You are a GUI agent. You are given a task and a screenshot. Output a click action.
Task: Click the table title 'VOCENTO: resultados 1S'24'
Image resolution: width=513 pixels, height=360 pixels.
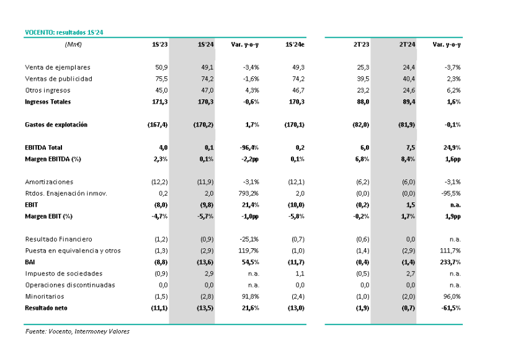[64, 32]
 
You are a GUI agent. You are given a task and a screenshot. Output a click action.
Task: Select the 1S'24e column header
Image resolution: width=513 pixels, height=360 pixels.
[295, 45]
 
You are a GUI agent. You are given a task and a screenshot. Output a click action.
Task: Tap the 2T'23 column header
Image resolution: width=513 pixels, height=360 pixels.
[361, 45]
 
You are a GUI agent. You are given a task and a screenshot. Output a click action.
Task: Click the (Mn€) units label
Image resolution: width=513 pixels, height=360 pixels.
[73, 45]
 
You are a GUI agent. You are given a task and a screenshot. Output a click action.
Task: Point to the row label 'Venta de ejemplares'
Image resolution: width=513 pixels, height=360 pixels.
[58, 68]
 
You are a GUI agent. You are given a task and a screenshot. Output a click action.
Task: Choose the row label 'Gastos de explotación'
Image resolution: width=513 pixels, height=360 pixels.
[56, 125]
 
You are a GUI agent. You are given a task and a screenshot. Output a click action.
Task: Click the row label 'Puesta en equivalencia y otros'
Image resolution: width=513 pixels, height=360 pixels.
[73, 251]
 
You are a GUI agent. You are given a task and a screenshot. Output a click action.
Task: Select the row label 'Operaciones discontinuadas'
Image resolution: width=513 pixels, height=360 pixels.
[70, 285]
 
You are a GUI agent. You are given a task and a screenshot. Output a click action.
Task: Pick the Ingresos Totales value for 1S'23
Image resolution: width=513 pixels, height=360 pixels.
[159, 102]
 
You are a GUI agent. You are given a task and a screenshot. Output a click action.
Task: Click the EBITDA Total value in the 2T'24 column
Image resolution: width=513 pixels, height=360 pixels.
[411, 148]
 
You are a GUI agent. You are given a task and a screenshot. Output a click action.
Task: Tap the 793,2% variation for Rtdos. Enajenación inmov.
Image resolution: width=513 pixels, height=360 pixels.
[249, 194]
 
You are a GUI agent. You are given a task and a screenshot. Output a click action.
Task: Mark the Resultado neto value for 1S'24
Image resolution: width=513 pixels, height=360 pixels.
[205, 308]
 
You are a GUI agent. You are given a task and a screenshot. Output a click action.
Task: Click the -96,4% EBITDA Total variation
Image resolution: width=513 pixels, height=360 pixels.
[249, 148]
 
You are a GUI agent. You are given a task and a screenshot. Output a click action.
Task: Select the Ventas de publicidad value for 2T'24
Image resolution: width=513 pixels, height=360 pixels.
[409, 79]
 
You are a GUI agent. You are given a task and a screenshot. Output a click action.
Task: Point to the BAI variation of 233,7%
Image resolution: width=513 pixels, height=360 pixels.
[450, 262]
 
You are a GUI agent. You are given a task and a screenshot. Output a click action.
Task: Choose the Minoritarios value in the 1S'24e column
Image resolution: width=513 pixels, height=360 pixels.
[298, 297]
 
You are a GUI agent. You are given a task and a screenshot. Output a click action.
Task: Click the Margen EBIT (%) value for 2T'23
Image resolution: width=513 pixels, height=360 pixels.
[361, 217]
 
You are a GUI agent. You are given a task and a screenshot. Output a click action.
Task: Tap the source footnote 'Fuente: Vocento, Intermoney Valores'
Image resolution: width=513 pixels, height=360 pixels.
[77, 331]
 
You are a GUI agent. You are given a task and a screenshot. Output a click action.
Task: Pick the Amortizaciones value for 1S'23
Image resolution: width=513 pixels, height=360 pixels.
[159, 182]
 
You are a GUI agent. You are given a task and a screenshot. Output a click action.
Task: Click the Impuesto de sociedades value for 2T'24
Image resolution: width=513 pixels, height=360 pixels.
[411, 274]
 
